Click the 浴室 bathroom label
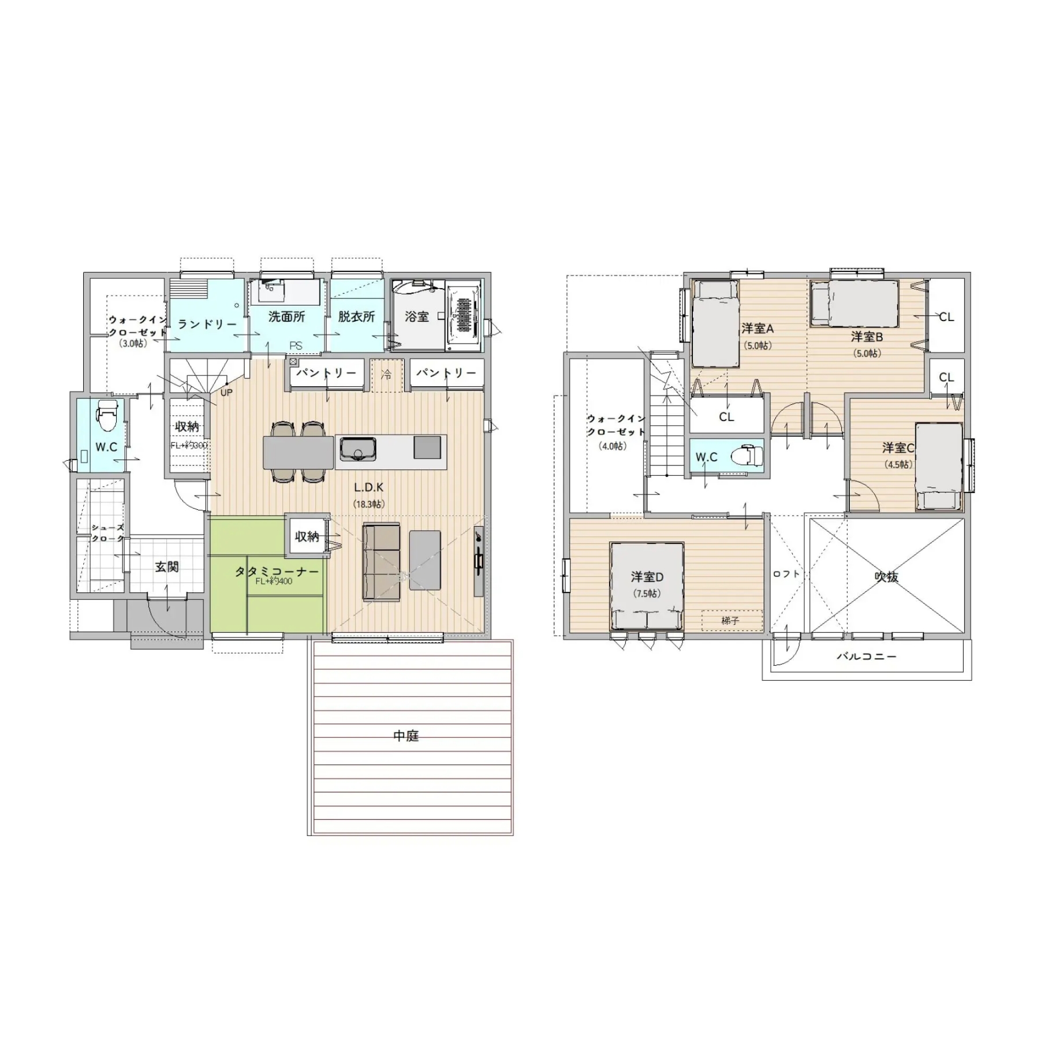point(416,316)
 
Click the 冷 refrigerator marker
point(386,375)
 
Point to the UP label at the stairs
point(226,393)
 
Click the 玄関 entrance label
point(167,567)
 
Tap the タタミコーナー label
point(276,572)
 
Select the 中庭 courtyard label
point(406,736)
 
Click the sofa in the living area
point(381,562)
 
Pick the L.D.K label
point(368,487)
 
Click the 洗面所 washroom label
point(286,316)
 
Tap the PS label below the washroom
point(296,346)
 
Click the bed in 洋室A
point(715,323)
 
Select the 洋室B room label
point(867,337)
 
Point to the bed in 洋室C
point(939,467)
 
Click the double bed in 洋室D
point(647,585)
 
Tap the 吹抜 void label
point(886,576)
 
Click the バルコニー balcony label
point(867,656)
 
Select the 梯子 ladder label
point(730,621)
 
